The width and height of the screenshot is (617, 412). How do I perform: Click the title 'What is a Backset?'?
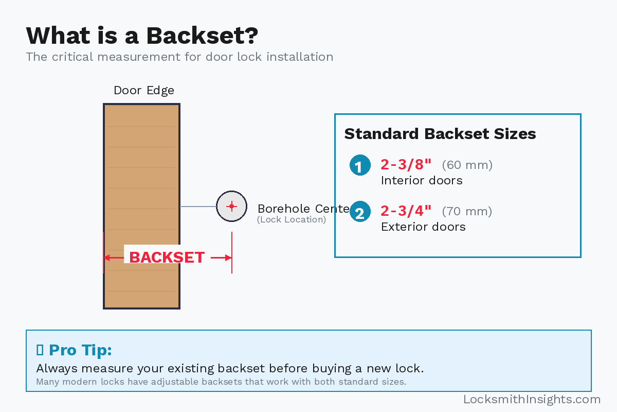142,36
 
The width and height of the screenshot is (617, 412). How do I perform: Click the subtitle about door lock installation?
179,57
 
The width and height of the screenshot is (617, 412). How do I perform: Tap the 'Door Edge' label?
144,91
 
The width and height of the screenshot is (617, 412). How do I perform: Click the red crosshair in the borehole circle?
231,206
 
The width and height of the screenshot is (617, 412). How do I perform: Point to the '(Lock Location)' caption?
292,220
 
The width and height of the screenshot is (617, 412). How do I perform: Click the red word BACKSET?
167,257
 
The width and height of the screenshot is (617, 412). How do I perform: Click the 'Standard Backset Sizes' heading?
440,134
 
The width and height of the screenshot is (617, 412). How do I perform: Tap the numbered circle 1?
360,165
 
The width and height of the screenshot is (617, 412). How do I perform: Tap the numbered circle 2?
360,212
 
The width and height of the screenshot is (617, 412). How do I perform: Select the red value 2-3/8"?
406,165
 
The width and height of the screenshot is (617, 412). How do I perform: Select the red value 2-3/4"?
406,211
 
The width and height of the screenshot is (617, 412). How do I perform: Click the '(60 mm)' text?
467,165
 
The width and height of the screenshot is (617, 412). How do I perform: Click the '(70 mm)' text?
467,212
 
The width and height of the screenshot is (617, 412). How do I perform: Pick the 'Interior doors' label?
422,181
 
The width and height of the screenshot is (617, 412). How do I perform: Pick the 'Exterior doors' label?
423,227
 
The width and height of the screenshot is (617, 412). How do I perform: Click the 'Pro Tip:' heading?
80,350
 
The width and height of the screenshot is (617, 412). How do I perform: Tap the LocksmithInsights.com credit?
532,400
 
